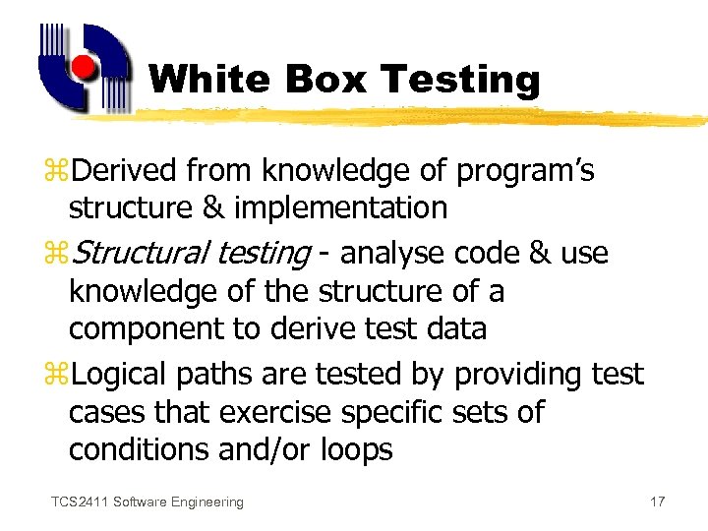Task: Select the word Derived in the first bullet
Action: [x=125, y=171]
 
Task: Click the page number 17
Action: [x=658, y=502]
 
